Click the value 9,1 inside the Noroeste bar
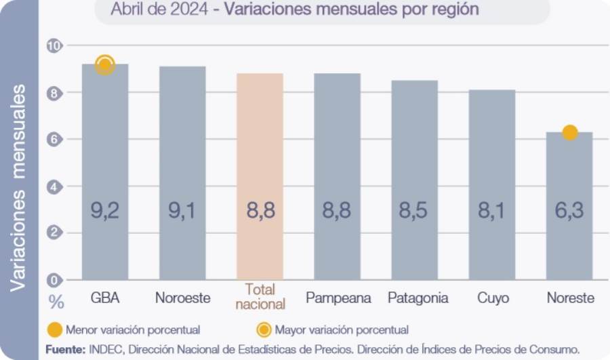(x=182, y=211)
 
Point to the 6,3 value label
(x=569, y=211)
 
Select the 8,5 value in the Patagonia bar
(x=414, y=211)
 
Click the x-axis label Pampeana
(x=338, y=298)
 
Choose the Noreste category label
(x=570, y=298)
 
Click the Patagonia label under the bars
(x=418, y=298)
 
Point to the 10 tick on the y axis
(x=54, y=46)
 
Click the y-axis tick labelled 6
(x=54, y=140)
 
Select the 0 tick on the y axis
(x=54, y=279)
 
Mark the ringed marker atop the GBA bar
(x=104, y=65)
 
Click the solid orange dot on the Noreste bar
(x=570, y=132)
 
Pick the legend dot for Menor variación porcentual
(x=55, y=330)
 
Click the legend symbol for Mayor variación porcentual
(x=264, y=330)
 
